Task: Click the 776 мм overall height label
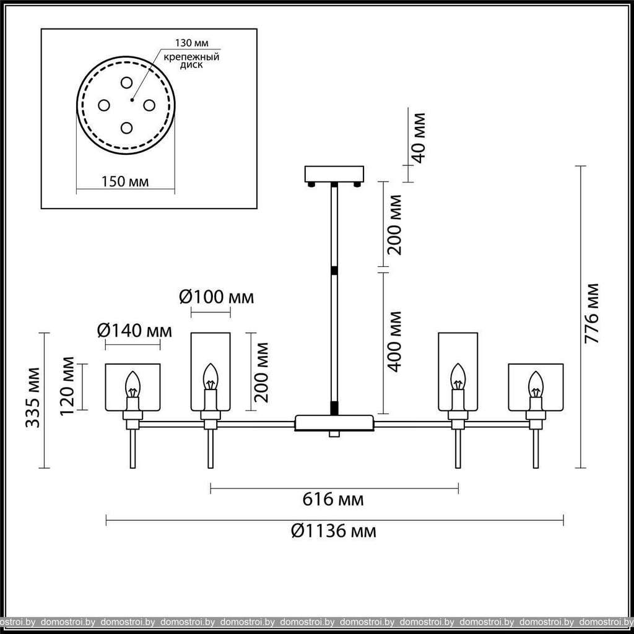point(593,313)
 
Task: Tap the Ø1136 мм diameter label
point(334,531)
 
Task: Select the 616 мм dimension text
point(333,500)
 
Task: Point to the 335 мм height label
point(32,397)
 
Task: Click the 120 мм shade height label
point(67,386)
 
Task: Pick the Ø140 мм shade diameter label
point(134,331)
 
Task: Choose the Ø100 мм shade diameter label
point(216,297)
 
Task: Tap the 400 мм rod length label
point(395,342)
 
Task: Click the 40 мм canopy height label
point(419,138)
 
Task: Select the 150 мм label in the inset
point(125,181)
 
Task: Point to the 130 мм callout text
point(192,43)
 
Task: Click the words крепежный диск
point(192,61)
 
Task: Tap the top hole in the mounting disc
point(126,82)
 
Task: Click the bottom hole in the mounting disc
point(126,128)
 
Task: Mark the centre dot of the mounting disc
point(132,100)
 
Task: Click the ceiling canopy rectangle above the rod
point(334,174)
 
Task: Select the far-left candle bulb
point(132,384)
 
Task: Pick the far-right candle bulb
point(536,384)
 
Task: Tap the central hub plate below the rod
point(334,423)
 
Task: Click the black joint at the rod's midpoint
point(334,271)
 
